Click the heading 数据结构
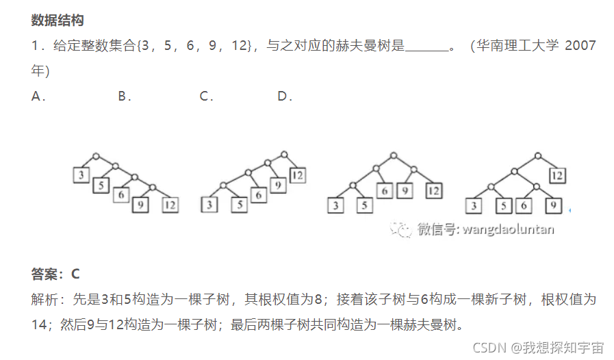(57, 21)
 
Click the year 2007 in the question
(581, 46)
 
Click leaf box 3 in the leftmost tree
(81, 175)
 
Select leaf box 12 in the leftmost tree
(170, 204)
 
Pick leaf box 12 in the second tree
(297, 175)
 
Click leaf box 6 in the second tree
(258, 195)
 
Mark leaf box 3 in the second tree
(209, 204)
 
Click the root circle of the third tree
(393, 156)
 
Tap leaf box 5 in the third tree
(363, 204)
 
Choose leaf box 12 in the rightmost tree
(557, 175)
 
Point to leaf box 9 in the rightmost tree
(553, 204)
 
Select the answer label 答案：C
(55, 274)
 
